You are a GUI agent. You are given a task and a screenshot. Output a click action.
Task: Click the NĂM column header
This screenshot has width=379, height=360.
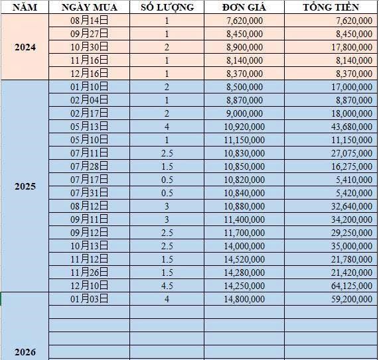coord(25,7)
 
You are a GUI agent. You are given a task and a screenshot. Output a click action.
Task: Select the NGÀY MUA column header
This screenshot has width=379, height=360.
coord(89,7)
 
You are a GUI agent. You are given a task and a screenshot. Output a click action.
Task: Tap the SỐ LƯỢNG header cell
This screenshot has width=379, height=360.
coord(167,7)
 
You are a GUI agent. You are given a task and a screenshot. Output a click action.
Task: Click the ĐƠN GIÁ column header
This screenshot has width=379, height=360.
coord(244,7)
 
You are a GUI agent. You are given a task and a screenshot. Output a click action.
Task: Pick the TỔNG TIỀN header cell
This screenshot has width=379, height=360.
coord(331,7)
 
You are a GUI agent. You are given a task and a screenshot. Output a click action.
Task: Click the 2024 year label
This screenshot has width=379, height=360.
coord(25,48)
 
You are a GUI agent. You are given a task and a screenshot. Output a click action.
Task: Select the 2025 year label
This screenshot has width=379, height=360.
coord(25,186)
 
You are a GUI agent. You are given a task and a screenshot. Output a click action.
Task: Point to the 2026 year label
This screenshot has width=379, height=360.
coord(25,351)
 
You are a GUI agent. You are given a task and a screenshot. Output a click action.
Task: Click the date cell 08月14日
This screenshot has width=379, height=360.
coord(89,21)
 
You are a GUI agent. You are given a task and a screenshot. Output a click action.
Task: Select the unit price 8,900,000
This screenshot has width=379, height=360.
coord(244,47)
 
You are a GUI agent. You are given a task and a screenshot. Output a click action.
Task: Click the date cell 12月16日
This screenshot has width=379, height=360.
coord(89,74)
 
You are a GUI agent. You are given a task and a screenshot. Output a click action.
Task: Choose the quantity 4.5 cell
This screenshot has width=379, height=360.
coord(167,285)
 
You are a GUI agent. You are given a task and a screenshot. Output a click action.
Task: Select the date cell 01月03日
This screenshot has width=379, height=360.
coord(89,299)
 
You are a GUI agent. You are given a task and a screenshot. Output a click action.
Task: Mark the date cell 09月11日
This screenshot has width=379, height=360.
coord(89,219)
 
